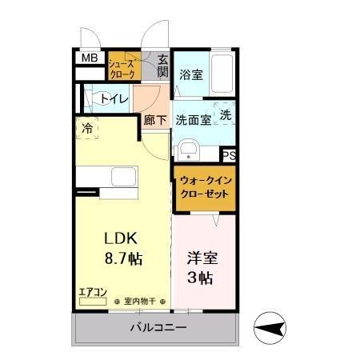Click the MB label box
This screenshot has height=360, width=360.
pos(87,58)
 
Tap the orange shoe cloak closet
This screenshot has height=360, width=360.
pos(123,66)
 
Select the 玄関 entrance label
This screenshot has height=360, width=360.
pos(162,66)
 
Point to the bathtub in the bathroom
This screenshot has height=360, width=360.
pos(223,74)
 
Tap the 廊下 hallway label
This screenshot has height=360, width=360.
pos(155,121)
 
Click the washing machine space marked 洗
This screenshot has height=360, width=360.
pos(226,114)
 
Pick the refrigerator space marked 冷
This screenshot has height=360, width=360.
pos(86,127)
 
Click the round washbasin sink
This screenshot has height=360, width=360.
pos(190,150)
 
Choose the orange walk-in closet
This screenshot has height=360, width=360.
pos(205,189)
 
